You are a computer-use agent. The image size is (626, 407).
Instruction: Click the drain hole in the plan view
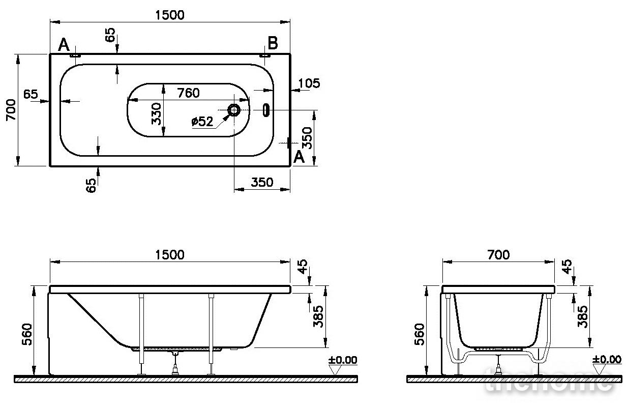click(233, 110)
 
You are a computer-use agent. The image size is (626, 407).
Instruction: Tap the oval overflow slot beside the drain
click(266, 110)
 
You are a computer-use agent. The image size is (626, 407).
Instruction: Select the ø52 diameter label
click(202, 121)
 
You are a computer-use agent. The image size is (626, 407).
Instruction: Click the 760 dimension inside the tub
click(188, 93)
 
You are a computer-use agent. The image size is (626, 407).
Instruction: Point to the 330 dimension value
click(156, 113)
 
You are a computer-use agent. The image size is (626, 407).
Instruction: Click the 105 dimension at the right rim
click(309, 83)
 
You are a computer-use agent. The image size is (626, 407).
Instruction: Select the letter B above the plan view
click(273, 43)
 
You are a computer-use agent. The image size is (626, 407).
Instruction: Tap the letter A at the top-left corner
click(64, 45)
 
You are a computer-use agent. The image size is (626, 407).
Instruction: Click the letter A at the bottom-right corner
click(299, 157)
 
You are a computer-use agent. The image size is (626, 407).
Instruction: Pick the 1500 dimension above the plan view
click(170, 15)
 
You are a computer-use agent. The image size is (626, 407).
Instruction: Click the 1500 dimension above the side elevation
click(170, 255)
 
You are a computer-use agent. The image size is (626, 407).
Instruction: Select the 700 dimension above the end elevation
click(498, 255)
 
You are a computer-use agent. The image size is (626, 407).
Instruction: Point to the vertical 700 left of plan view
click(11, 110)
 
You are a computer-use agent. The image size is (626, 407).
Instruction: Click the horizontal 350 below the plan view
click(262, 182)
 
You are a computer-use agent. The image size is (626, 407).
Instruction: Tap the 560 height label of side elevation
click(27, 334)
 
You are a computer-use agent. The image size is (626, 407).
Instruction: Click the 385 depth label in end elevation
click(582, 316)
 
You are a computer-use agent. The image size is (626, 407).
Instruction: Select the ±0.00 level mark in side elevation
click(343, 360)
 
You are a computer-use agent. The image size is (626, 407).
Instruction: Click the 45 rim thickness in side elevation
click(303, 267)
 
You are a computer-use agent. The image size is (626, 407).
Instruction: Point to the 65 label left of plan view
click(31, 94)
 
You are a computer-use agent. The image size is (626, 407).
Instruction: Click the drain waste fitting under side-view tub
click(175, 363)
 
